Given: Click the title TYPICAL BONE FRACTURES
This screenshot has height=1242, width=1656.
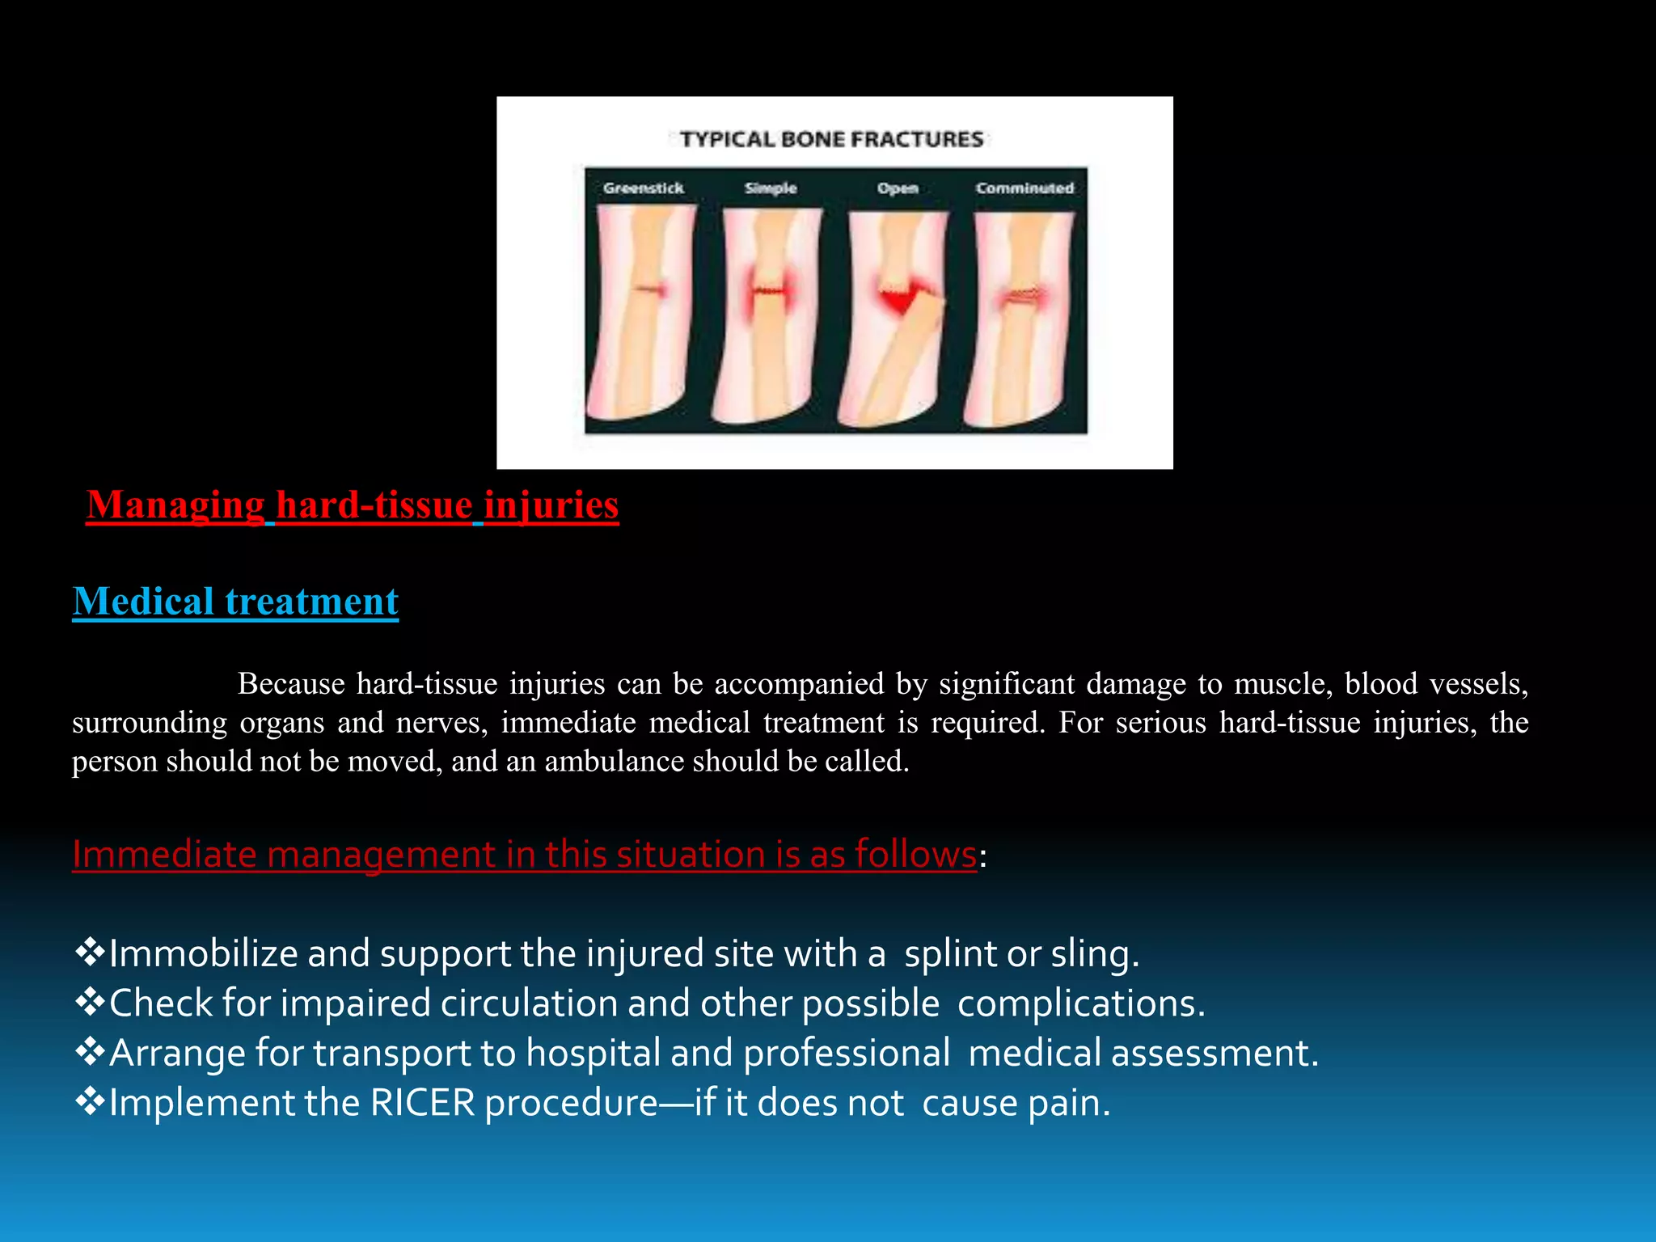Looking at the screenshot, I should tap(831, 140).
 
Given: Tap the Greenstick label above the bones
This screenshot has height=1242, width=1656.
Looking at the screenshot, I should tap(643, 188).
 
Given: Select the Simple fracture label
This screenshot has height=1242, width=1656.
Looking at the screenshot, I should tap(770, 188).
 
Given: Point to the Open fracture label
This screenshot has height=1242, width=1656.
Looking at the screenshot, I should tap(898, 188).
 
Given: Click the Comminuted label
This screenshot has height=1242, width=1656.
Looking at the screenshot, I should tap(1024, 188).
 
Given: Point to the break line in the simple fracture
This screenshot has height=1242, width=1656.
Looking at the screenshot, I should tap(769, 292).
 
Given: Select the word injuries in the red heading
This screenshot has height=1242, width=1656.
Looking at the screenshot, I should tap(551, 505).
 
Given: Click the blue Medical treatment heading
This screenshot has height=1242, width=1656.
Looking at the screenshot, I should tap(235, 602).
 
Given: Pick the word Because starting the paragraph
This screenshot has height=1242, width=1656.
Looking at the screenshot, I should tap(291, 685).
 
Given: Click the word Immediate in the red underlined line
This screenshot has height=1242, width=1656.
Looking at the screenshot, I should tap(164, 855).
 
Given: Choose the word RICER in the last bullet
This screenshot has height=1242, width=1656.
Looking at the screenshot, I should tap(422, 1104).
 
